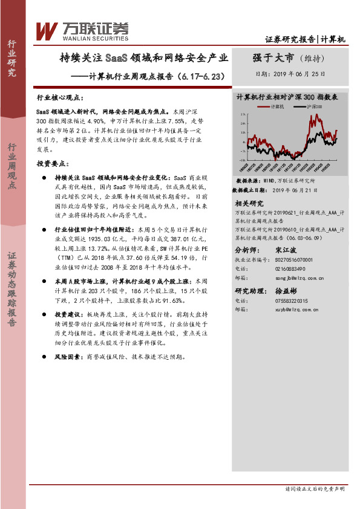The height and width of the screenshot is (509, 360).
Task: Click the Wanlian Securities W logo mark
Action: (x=47, y=31)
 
